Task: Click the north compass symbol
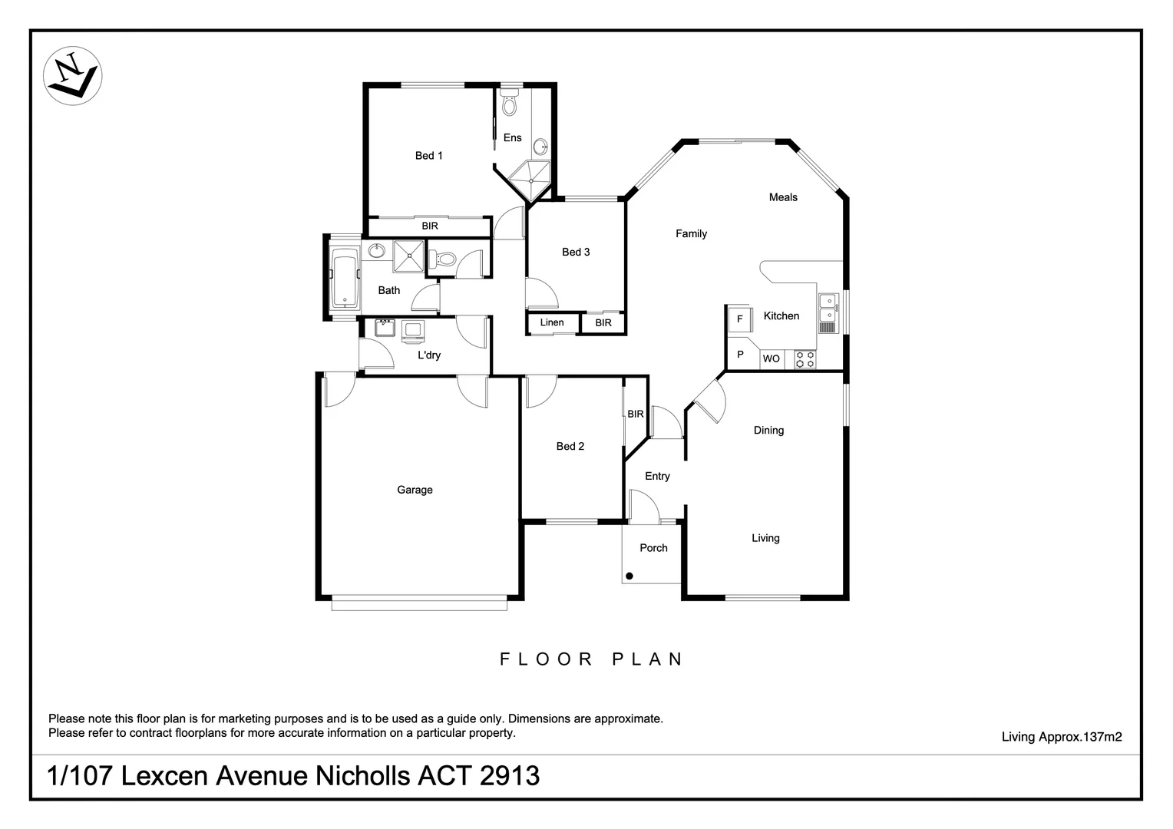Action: (x=73, y=75)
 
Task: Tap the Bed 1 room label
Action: (x=428, y=156)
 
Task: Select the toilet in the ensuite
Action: (x=510, y=104)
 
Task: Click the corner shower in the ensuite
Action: (x=530, y=180)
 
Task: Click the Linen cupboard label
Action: (x=551, y=322)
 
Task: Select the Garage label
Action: (x=415, y=490)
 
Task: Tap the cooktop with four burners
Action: (x=804, y=359)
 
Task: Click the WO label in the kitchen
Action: (x=771, y=358)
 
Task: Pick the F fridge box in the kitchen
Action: (x=740, y=319)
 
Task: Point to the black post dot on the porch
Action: (x=629, y=576)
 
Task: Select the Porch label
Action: (x=653, y=548)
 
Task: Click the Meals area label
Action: (x=783, y=197)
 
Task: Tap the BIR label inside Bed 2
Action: (x=636, y=414)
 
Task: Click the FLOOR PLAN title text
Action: (x=591, y=659)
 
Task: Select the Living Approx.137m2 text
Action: (x=1061, y=737)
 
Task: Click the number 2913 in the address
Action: (x=510, y=776)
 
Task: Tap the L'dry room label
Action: (x=429, y=355)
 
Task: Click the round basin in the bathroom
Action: (x=376, y=251)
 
